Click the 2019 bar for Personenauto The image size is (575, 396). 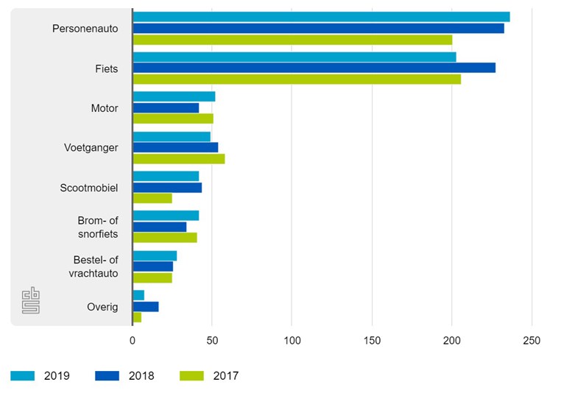click(321, 17)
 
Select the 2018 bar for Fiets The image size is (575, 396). click(314, 68)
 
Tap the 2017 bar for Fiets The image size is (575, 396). click(297, 79)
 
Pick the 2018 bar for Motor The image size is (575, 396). click(166, 107)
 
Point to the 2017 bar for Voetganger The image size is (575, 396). click(179, 159)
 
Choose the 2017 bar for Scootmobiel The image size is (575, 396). click(152, 199)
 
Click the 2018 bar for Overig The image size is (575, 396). click(146, 306)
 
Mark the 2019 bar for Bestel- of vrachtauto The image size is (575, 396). click(155, 255)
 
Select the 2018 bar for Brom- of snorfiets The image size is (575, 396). click(160, 227)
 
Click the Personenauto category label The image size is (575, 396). click(85, 29)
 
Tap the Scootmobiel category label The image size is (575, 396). click(88, 188)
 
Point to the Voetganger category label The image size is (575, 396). click(91, 148)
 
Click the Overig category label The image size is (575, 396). click(102, 307)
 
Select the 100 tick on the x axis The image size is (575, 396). click(292, 342)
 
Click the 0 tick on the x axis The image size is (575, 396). click(133, 342)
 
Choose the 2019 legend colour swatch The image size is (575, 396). click(23, 376)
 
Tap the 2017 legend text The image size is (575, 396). click(226, 376)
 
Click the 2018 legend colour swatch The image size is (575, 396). click(107, 376)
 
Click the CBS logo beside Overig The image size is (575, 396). click(31, 300)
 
